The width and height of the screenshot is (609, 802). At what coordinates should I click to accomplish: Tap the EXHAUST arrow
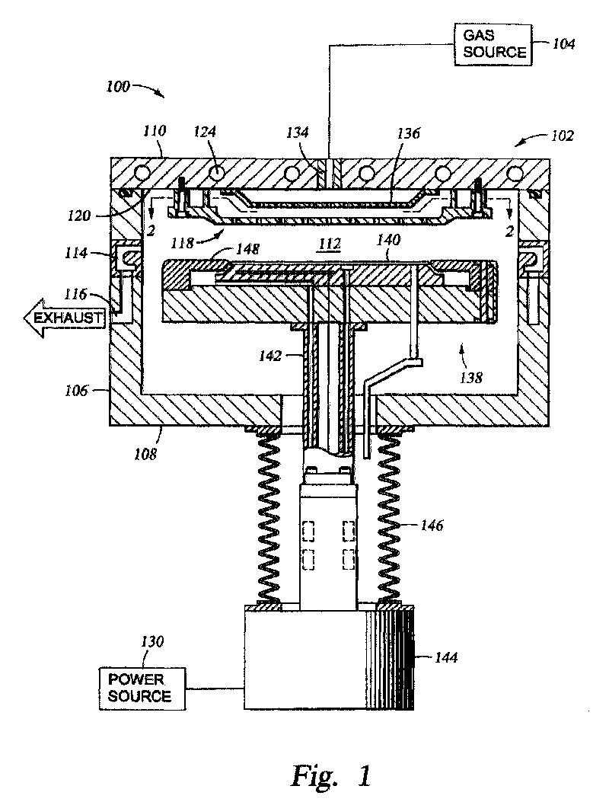click(65, 318)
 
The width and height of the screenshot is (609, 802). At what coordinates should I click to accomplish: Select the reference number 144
click(445, 657)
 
